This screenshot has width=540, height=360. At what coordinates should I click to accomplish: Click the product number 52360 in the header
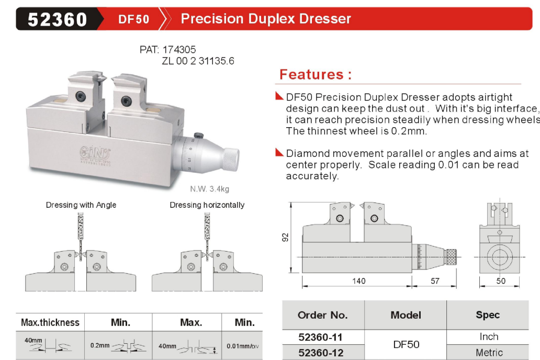click(57, 19)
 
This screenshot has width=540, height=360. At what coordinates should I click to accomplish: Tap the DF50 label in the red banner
click(133, 19)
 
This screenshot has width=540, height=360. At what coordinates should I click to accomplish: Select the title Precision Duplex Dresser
click(266, 19)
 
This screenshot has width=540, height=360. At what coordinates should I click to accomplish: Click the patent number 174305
click(179, 50)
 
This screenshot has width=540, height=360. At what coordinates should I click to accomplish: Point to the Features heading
click(316, 74)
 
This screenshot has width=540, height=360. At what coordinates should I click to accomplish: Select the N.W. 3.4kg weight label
click(209, 189)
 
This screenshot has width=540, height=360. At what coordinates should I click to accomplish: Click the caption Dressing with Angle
click(81, 205)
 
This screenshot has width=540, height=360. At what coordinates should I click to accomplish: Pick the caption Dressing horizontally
click(207, 205)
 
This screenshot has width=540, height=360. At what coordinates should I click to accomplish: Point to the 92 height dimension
click(285, 238)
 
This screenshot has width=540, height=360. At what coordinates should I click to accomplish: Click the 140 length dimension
click(358, 281)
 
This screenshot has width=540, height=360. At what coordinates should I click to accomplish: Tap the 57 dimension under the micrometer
click(435, 281)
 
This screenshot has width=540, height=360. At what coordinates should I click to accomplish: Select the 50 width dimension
click(501, 281)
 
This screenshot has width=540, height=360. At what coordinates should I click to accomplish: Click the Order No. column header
click(323, 315)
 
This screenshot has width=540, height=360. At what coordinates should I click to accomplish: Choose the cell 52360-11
click(320, 337)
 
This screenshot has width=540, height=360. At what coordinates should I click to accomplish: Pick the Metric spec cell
click(489, 353)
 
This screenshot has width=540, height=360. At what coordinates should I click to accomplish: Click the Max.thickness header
click(50, 322)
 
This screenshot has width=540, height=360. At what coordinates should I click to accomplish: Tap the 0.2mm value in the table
click(100, 345)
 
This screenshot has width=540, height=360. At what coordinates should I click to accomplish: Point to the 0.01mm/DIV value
click(242, 346)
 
